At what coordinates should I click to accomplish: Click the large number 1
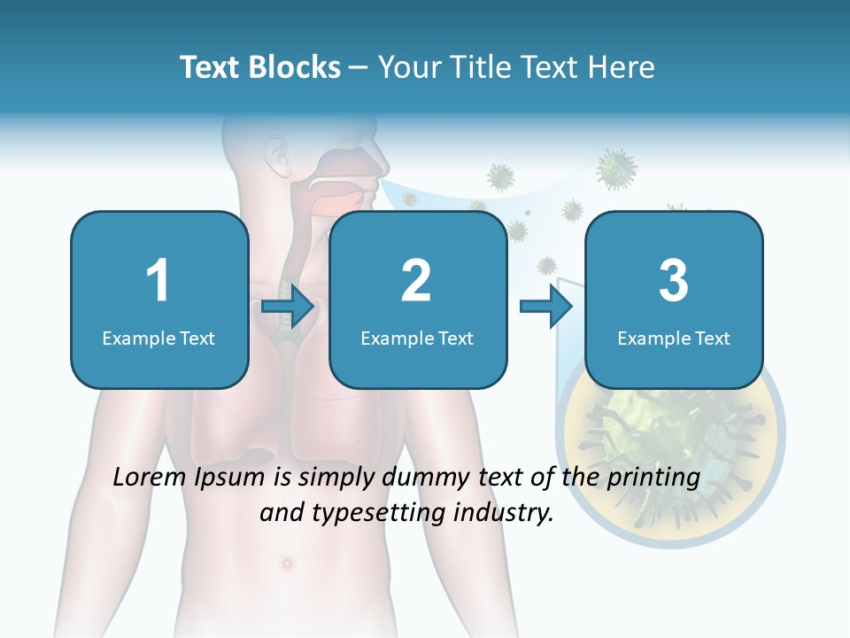(158, 281)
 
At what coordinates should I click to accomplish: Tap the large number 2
(416, 281)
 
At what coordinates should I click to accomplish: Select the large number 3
(673, 281)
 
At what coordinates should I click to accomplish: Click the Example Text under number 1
(158, 338)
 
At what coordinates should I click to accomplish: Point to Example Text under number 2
(417, 338)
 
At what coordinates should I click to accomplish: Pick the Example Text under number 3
(674, 338)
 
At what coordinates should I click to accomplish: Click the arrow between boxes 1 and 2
(288, 307)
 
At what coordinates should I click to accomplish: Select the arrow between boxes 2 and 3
(546, 307)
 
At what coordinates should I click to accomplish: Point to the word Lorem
(151, 478)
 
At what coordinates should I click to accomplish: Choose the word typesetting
(366, 512)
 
